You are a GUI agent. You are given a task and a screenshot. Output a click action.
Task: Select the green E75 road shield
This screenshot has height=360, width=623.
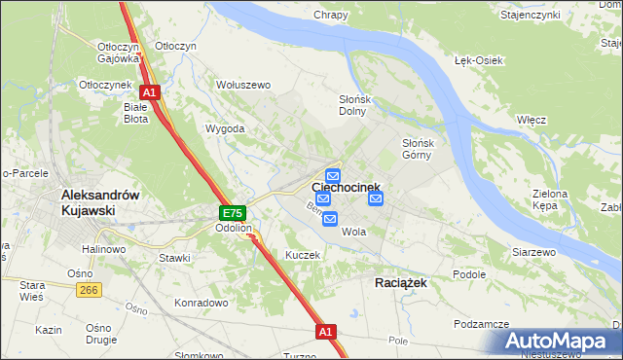tap(232, 213)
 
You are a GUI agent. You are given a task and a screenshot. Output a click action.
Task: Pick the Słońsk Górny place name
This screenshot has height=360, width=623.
tap(423, 149)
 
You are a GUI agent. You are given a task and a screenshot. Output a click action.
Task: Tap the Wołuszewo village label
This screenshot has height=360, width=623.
tap(242, 86)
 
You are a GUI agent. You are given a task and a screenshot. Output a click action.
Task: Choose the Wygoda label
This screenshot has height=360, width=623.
tap(225, 128)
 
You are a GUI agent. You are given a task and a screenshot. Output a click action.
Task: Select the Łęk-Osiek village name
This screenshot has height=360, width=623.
tap(478, 60)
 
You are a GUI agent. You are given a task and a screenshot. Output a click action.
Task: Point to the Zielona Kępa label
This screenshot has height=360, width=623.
tap(550, 200)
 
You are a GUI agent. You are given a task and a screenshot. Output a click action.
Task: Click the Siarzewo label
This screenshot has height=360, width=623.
tap(533, 252)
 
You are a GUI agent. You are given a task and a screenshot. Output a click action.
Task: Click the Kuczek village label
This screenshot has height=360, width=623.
tap(303, 255)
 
